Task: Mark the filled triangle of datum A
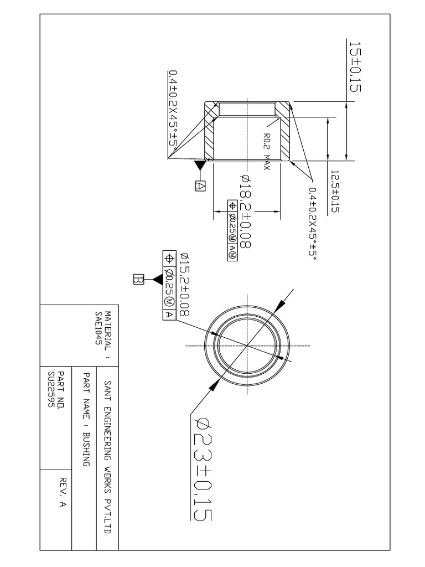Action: (x=200, y=166)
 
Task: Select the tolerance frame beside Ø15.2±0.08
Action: (x=168, y=285)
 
